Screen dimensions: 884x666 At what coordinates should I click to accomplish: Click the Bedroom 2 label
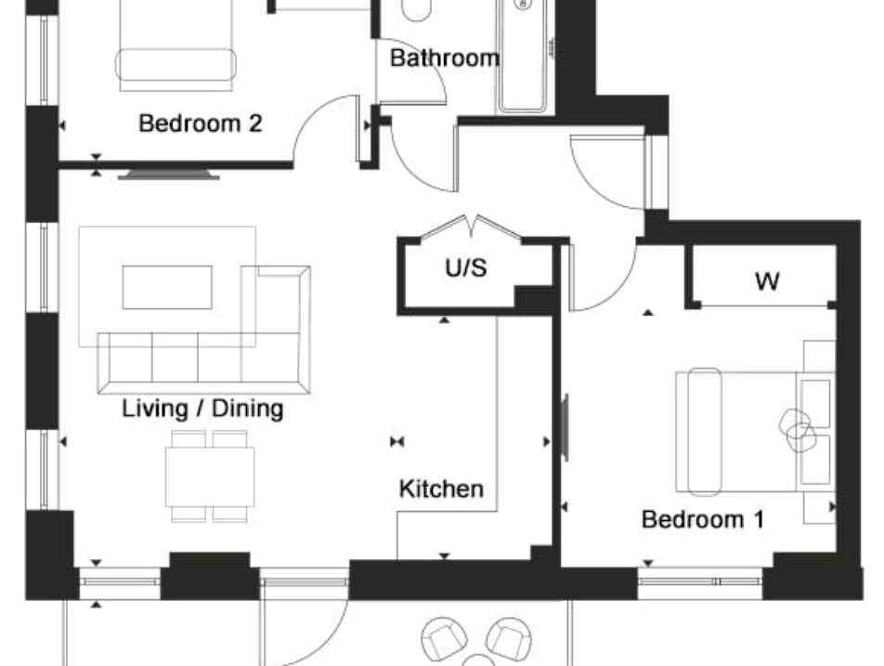click(x=201, y=124)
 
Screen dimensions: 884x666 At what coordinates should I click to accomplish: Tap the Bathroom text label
click(x=444, y=59)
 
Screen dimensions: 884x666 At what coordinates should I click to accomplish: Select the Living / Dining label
click(x=202, y=409)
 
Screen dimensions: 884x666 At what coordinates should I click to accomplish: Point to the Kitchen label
click(x=441, y=489)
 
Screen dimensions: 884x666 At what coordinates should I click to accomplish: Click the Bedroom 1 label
click(x=703, y=519)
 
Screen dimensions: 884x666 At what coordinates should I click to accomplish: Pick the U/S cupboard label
click(x=466, y=268)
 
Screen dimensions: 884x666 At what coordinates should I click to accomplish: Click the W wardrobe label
click(x=767, y=281)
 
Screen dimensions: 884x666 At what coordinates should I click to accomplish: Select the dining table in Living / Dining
click(x=210, y=477)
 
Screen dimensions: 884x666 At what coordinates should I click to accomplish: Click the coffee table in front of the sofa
click(x=167, y=288)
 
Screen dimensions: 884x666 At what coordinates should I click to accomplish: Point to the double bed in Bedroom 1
click(x=756, y=431)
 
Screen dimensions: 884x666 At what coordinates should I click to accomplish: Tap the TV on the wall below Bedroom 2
click(x=169, y=174)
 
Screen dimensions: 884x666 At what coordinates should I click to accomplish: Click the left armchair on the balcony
click(x=445, y=639)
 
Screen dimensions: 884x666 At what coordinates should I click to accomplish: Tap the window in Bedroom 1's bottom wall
click(x=699, y=581)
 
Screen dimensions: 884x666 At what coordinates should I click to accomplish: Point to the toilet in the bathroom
click(x=417, y=9)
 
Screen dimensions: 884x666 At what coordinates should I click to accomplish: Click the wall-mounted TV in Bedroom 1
click(x=565, y=427)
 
